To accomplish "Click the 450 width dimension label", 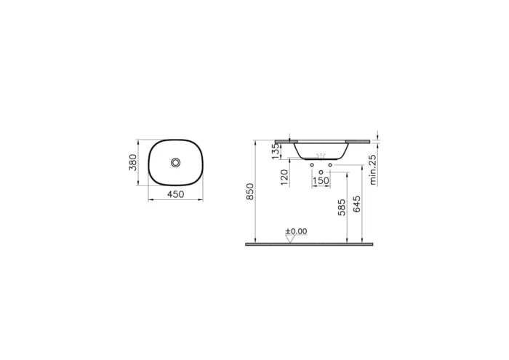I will point(175,193).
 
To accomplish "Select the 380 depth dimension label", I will point(133,162).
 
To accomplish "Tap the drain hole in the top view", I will point(175,162).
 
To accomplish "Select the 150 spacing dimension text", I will point(321,181).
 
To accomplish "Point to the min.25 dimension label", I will point(372,169).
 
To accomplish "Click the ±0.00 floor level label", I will point(296,231).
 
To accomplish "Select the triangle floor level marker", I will point(290,239).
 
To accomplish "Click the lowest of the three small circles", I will point(321,170).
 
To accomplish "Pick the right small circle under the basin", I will point(330,166).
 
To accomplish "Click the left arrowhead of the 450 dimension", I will point(150,199).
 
